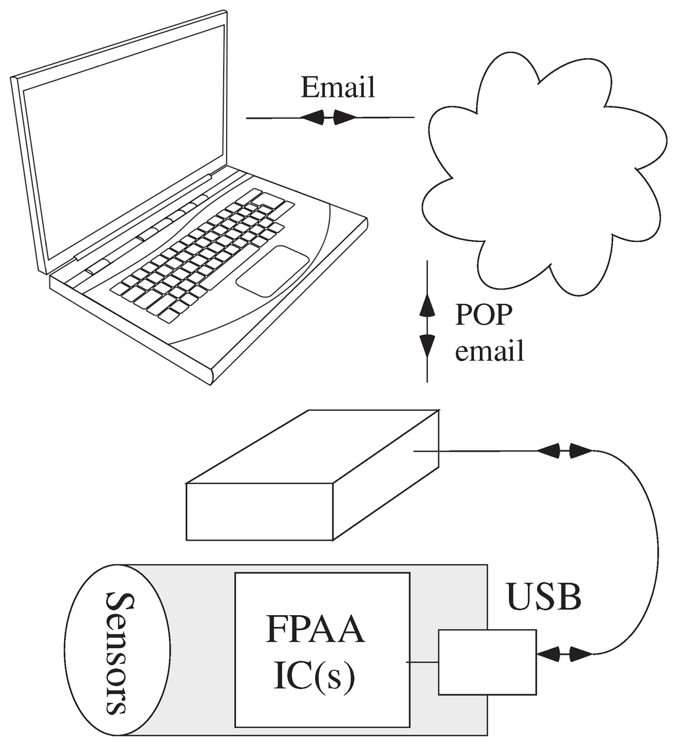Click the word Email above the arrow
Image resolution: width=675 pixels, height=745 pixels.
[337, 87]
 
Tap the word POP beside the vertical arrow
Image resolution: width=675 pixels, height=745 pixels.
[483, 315]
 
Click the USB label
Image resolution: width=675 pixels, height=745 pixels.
[544, 598]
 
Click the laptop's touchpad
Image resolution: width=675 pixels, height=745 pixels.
[272, 270]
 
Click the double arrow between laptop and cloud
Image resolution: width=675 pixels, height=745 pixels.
[328, 118]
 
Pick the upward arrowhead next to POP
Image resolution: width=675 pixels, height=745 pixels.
[428, 305]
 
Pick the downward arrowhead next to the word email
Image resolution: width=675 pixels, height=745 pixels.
[428, 345]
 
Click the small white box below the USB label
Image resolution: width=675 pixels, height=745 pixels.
[487, 662]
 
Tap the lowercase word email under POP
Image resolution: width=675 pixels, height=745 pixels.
[490, 351]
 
